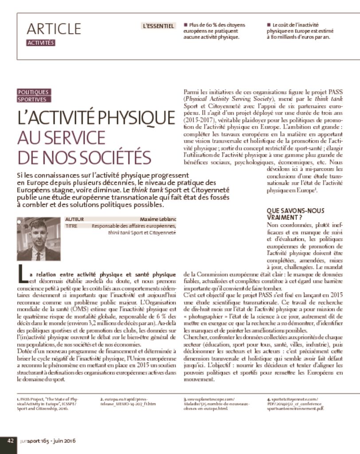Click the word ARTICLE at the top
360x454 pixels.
pyautogui.click(x=54, y=29)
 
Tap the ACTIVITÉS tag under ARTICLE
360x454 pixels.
pyautogui.click(x=40, y=43)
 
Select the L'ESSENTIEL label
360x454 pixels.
pyautogui.click(x=158, y=26)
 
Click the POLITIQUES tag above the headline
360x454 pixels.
pyautogui.click(x=33, y=92)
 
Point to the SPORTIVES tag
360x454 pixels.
pyautogui.click(x=31, y=99)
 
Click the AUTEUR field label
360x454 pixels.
pyautogui.click(x=74, y=219)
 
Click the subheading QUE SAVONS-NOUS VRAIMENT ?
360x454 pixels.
pyautogui.click(x=295, y=214)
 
